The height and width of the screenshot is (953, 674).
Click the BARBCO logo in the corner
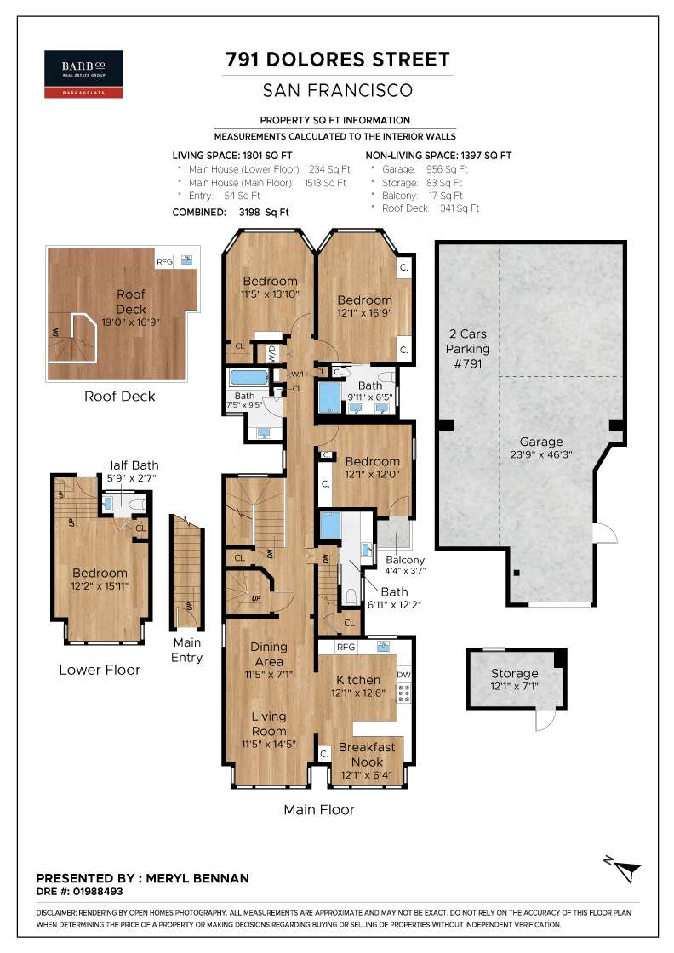(83, 74)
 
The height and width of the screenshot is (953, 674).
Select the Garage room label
(541, 442)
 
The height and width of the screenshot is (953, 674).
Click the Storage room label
(514, 673)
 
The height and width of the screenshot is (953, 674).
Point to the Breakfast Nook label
(367, 754)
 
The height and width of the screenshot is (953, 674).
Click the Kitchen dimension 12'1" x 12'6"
(358, 693)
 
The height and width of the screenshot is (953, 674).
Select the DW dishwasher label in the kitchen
(404, 675)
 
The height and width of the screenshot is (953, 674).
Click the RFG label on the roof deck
(165, 261)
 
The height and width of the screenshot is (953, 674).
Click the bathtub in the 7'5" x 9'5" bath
(249, 378)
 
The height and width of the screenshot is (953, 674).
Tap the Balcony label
(405, 560)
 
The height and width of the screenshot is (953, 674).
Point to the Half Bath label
(131, 465)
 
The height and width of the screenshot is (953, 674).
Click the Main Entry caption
(186, 650)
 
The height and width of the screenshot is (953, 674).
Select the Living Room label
(269, 724)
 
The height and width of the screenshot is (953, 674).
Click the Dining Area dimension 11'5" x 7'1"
(269, 675)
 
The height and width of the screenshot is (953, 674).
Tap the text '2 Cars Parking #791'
(467, 349)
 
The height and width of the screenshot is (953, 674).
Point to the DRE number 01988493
(98, 892)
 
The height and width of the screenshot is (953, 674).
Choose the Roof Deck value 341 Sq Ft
(460, 208)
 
